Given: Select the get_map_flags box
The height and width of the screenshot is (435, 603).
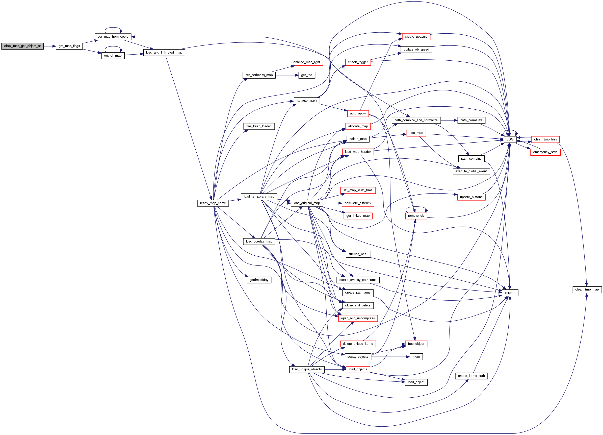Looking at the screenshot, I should point(69,46).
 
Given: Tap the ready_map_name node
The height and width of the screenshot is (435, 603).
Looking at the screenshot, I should point(213,203).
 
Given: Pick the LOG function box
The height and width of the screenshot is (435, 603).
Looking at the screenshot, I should point(510,139).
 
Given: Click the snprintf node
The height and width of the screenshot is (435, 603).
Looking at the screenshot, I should point(510,292).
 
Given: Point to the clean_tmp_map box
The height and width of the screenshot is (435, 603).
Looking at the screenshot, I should point(587,289).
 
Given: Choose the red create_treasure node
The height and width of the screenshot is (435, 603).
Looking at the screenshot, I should point(416,37).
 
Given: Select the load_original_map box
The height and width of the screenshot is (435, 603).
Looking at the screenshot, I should point(307,203).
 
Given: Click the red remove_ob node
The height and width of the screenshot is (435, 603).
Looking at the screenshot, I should point(416,216).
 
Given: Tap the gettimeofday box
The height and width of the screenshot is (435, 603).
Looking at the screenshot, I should point(259,280).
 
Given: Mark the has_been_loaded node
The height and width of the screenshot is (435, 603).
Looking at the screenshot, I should point(259,126).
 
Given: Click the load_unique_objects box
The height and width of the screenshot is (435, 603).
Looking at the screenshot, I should point(307,369).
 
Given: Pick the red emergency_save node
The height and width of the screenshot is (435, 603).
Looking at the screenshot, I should point(545,152).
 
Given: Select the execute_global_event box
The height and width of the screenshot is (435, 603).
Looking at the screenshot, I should point(471,171).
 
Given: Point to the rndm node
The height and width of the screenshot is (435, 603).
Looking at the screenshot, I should point(416,356).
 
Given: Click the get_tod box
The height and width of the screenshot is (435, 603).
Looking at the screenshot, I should point(307,75).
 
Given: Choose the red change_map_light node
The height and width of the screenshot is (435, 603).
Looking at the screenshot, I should point(307,62).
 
